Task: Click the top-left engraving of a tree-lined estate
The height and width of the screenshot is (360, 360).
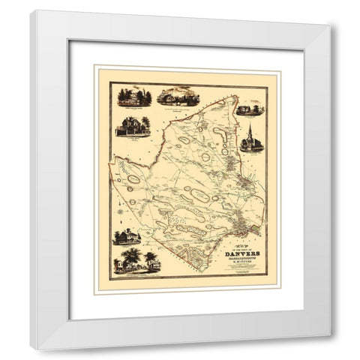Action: (x=135, y=97)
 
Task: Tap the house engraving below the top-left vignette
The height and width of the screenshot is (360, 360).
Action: (x=132, y=126)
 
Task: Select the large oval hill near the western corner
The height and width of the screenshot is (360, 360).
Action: (x=133, y=179)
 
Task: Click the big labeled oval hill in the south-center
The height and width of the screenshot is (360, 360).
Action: (x=199, y=196)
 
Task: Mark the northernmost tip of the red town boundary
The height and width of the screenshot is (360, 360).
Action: (x=235, y=96)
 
